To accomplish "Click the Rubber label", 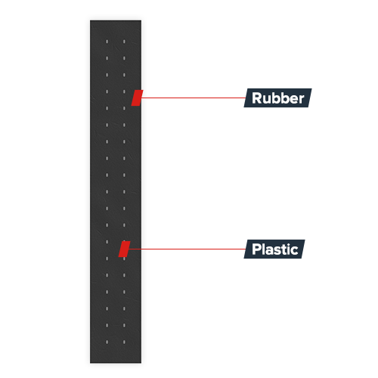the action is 277,98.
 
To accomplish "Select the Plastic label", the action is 274,249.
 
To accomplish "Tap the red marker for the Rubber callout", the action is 137,98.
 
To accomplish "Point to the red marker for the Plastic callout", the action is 124,249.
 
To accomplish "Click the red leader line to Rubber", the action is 193,98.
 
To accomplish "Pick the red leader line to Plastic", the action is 187,249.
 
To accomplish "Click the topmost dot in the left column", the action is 107,42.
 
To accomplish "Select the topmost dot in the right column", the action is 124,42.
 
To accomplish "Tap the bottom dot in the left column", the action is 107,342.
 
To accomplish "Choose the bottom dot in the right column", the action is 124,342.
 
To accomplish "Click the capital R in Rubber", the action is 257,98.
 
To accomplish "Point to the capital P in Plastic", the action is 256,249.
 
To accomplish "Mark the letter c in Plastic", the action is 295,251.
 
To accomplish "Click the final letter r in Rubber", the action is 301,100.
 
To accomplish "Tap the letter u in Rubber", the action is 267,100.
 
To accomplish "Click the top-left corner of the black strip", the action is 90,20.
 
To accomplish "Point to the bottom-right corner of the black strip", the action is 141,363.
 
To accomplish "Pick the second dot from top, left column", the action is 107,58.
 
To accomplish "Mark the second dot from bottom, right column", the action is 124,325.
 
